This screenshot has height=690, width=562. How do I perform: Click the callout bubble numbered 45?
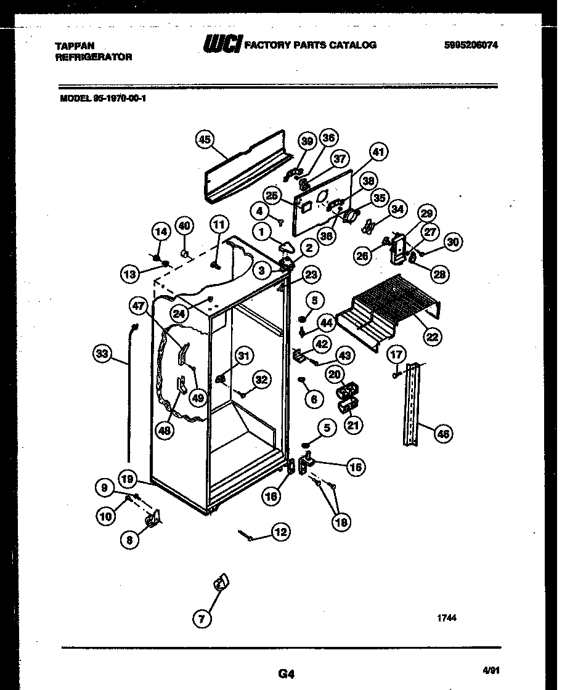[x=205, y=140]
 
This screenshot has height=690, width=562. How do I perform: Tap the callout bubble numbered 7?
[x=201, y=618]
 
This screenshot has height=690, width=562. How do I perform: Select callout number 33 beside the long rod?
[x=102, y=354]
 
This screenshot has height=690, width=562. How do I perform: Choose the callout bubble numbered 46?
[x=442, y=434]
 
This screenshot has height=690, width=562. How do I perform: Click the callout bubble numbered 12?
[x=280, y=532]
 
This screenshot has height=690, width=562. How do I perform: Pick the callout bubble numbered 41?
[x=378, y=151]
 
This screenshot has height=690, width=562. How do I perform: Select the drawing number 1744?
[x=447, y=619]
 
